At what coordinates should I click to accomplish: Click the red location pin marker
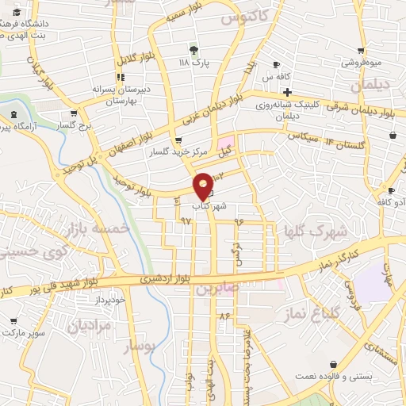click(x=203, y=186)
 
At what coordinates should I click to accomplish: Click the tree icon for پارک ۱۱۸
click(x=193, y=49)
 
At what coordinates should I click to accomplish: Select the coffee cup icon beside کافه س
click(x=276, y=64)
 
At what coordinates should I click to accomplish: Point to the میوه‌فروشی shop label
click(x=363, y=62)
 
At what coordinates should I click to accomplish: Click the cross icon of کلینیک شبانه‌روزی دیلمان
click(x=287, y=93)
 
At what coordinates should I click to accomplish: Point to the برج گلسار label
click(x=79, y=125)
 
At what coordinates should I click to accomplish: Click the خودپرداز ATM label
click(x=109, y=300)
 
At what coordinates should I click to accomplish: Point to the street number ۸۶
click(x=225, y=315)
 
